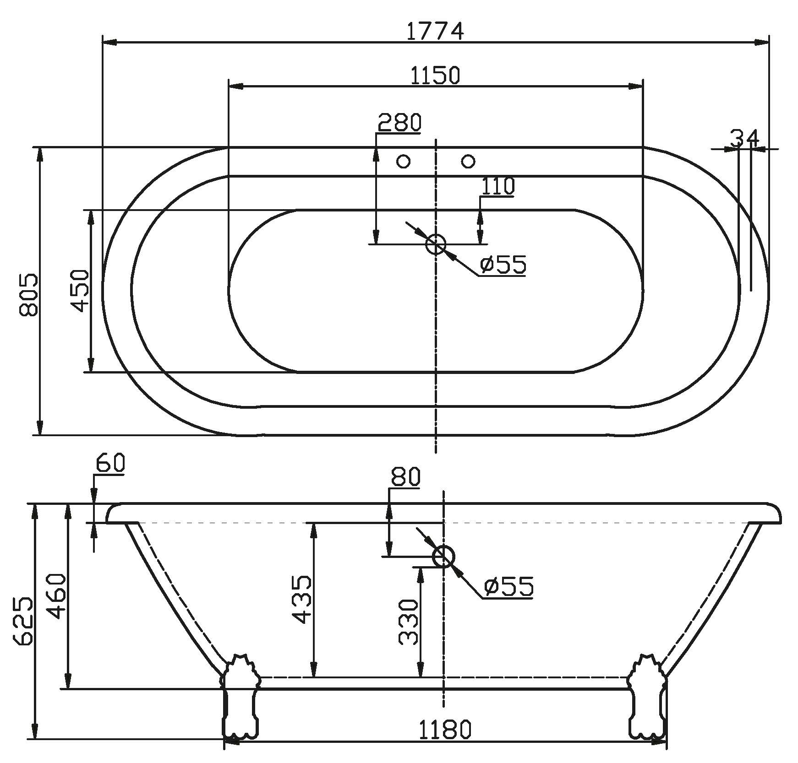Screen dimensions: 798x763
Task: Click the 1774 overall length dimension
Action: click(435, 31)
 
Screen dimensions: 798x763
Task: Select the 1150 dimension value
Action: click(435, 76)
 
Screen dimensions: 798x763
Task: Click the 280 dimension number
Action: click(399, 122)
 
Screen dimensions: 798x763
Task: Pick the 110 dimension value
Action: click(498, 186)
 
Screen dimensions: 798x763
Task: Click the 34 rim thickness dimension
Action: click(745, 138)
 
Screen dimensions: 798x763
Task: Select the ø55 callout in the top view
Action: click(503, 265)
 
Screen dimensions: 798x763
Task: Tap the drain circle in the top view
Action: click(436, 244)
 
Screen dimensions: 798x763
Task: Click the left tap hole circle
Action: click(404, 161)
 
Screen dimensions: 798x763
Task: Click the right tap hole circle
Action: click(468, 161)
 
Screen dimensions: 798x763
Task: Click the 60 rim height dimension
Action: click(110, 464)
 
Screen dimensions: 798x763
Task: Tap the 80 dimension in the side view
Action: click(405, 477)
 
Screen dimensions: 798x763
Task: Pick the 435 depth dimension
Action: click(302, 600)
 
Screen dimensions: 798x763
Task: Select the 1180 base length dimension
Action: click(445, 730)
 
